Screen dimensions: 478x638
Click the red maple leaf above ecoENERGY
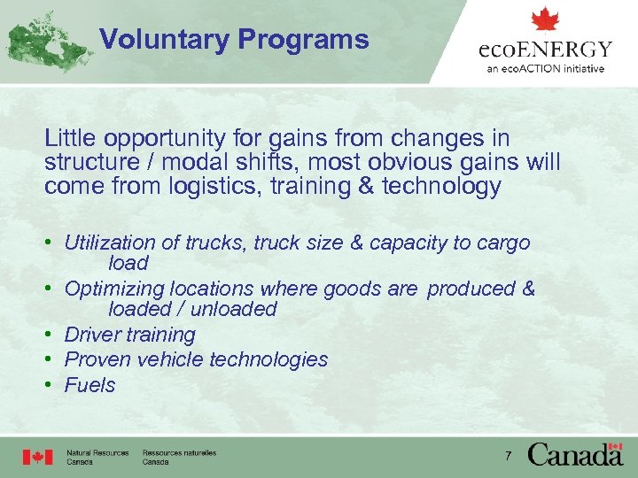[x=545, y=19]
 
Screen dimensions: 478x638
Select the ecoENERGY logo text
[x=545, y=49]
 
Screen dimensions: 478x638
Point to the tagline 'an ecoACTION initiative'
[x=545, y=68]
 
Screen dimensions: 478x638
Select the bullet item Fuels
[x=89, y=385]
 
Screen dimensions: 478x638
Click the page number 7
[x=508, y=456]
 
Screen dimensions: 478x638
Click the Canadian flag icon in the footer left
[x=37, y=457]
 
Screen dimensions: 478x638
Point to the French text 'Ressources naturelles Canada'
[x=178, y=457]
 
